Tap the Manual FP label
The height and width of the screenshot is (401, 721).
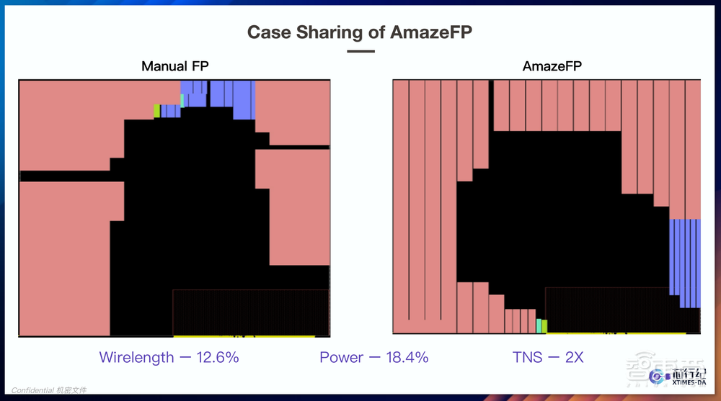[175, 67]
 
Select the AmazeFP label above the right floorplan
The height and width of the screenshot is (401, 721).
[552, 67]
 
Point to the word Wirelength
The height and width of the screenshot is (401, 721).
[136, 357]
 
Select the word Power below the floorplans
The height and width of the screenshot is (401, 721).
[341, 357]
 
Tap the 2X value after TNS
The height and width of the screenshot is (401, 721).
[574, 357]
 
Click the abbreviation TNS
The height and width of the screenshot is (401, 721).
[526, 357]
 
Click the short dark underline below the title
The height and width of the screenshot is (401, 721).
[360, 51]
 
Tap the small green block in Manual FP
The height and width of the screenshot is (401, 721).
[156, 110]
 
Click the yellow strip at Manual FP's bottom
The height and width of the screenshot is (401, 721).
[244, 335]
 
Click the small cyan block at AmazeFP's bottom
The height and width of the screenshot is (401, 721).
[539, 326]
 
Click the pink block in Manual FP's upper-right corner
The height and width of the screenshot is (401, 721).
[292, 108]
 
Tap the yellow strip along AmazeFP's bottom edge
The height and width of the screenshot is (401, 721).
[613, 333]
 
